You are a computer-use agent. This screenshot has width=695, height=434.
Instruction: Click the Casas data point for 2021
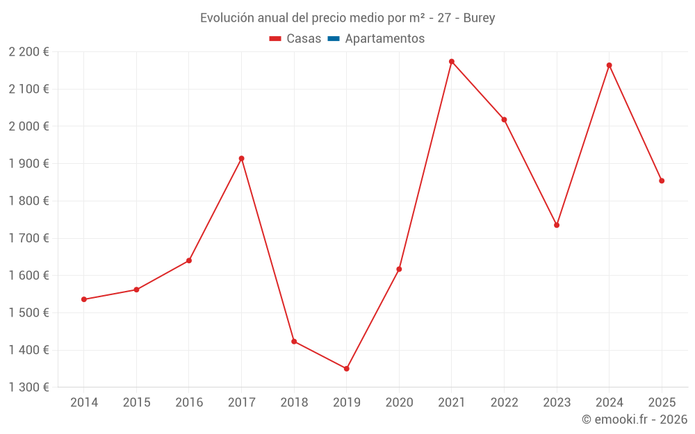coord(452,62)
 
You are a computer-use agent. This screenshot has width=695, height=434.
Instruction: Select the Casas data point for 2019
coord(346,369)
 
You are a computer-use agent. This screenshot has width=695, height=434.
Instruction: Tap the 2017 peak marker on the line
coord(241,158)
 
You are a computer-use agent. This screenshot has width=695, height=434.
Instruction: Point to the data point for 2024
coord(609,65)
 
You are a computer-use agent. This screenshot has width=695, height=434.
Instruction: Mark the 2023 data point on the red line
coord(557,225)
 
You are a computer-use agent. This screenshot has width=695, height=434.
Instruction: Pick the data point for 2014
coord(84,299)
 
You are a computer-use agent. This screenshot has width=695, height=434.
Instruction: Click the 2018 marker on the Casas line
coord(294,342)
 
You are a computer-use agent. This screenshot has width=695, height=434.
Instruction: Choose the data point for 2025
coord(662,181)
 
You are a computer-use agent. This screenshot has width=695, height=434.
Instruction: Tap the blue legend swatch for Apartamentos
coord(333,39)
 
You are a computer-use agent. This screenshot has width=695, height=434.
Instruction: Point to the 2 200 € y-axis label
coord(28,52)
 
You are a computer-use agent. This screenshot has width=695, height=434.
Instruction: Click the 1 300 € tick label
coord(28,387)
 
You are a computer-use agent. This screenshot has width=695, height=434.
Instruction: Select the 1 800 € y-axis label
coord(28,201)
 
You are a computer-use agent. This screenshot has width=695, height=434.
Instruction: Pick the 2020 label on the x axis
coord(399,403)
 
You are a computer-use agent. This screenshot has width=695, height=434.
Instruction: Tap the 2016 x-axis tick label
coord(189,403)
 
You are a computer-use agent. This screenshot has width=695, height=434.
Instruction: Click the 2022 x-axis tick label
coord(504,403)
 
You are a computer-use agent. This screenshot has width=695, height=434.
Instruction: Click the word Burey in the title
coord(479,18)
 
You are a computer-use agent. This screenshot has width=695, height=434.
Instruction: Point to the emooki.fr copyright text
coord(635,419)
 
